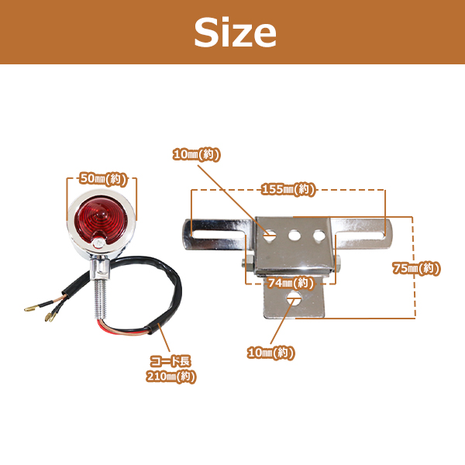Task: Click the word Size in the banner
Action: pos(235,32)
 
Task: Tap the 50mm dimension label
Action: pos(103,178)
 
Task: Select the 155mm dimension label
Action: pos(288,189)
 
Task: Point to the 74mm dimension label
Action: pos(291,283)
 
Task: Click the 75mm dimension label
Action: pos(416,268)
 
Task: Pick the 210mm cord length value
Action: pos(171,377)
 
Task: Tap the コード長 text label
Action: pos(170,361)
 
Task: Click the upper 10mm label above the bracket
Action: pos(197,154)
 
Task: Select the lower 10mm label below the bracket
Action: pos(271,353)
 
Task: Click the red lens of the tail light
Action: pos(101,220)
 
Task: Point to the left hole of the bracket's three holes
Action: pos(270,236)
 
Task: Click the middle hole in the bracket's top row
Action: pos(294,236)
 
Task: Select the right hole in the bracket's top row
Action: pos(319,235)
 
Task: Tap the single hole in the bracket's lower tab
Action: pos(294,298)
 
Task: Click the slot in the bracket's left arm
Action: pos(218,235)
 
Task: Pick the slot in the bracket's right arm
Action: pos(361,235)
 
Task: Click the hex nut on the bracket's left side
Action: pos(248,265)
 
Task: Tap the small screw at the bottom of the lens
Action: pos(98,243)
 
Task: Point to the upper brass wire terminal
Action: pos(31,308)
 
